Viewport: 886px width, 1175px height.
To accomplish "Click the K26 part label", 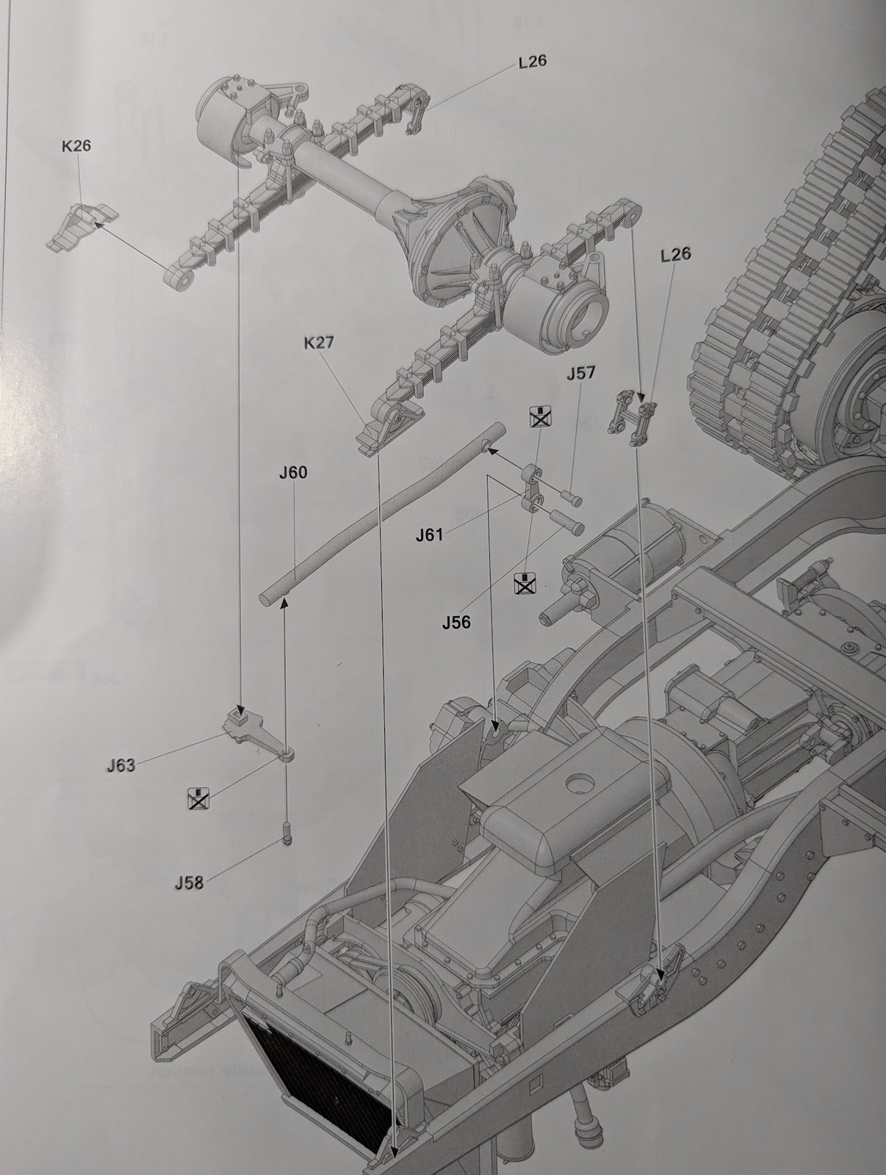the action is tap(76, 146).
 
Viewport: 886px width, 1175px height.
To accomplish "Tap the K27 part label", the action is tap(319, 343).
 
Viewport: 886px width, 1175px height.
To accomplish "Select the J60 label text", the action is tap(293, 473).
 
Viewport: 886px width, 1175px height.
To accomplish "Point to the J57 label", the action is tap(581, 372).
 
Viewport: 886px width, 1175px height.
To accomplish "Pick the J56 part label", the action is tap(456, 622).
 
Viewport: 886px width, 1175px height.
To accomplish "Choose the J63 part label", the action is tap(121, 765).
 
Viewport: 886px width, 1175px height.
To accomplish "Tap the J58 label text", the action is tap(190, 883).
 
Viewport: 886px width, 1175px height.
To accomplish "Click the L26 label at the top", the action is tap(533, 62).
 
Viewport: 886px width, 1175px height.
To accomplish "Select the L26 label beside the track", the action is tap(676, 254).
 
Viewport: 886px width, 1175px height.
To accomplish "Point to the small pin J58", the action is tap(287, 834).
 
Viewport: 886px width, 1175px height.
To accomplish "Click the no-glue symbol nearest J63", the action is tap(198, 798).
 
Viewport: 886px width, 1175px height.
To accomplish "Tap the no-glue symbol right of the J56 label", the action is tap(525, 583).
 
